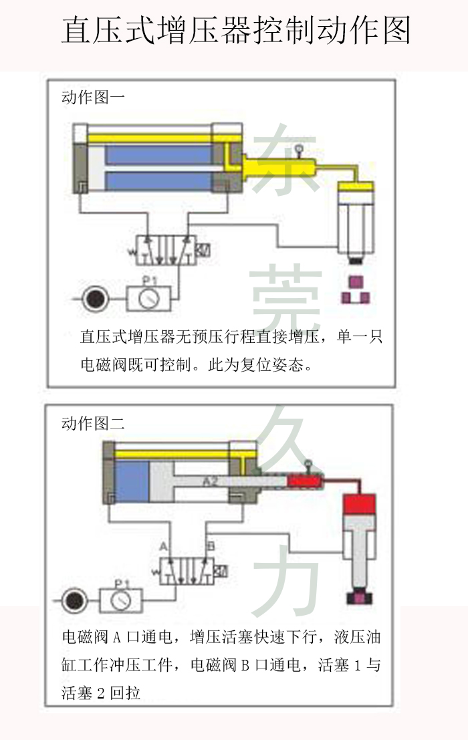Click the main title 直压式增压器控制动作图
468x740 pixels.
click(x=235, y=31)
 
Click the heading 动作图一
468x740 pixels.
click(x=93, y=97)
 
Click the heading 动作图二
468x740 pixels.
click(x=93, y=423)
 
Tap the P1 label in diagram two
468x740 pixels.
click(x=121, y=583)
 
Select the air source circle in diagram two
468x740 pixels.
click(x=72, y=601)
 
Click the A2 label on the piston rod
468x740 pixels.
click(x=210, y=481)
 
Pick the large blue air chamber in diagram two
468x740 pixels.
click(x=132, y=480)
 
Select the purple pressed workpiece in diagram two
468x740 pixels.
click(x=360, y=596)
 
